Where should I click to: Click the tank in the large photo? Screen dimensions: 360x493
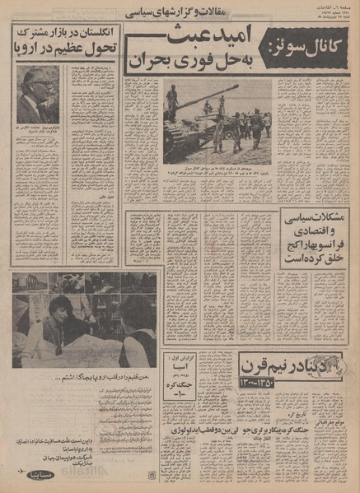pyautogui.click(x=194, y=123)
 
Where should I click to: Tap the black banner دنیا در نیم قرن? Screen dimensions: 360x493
pyautogui.click(x=300, y=363)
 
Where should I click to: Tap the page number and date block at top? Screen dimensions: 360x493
pyautogui.click(x=330, y=13)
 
